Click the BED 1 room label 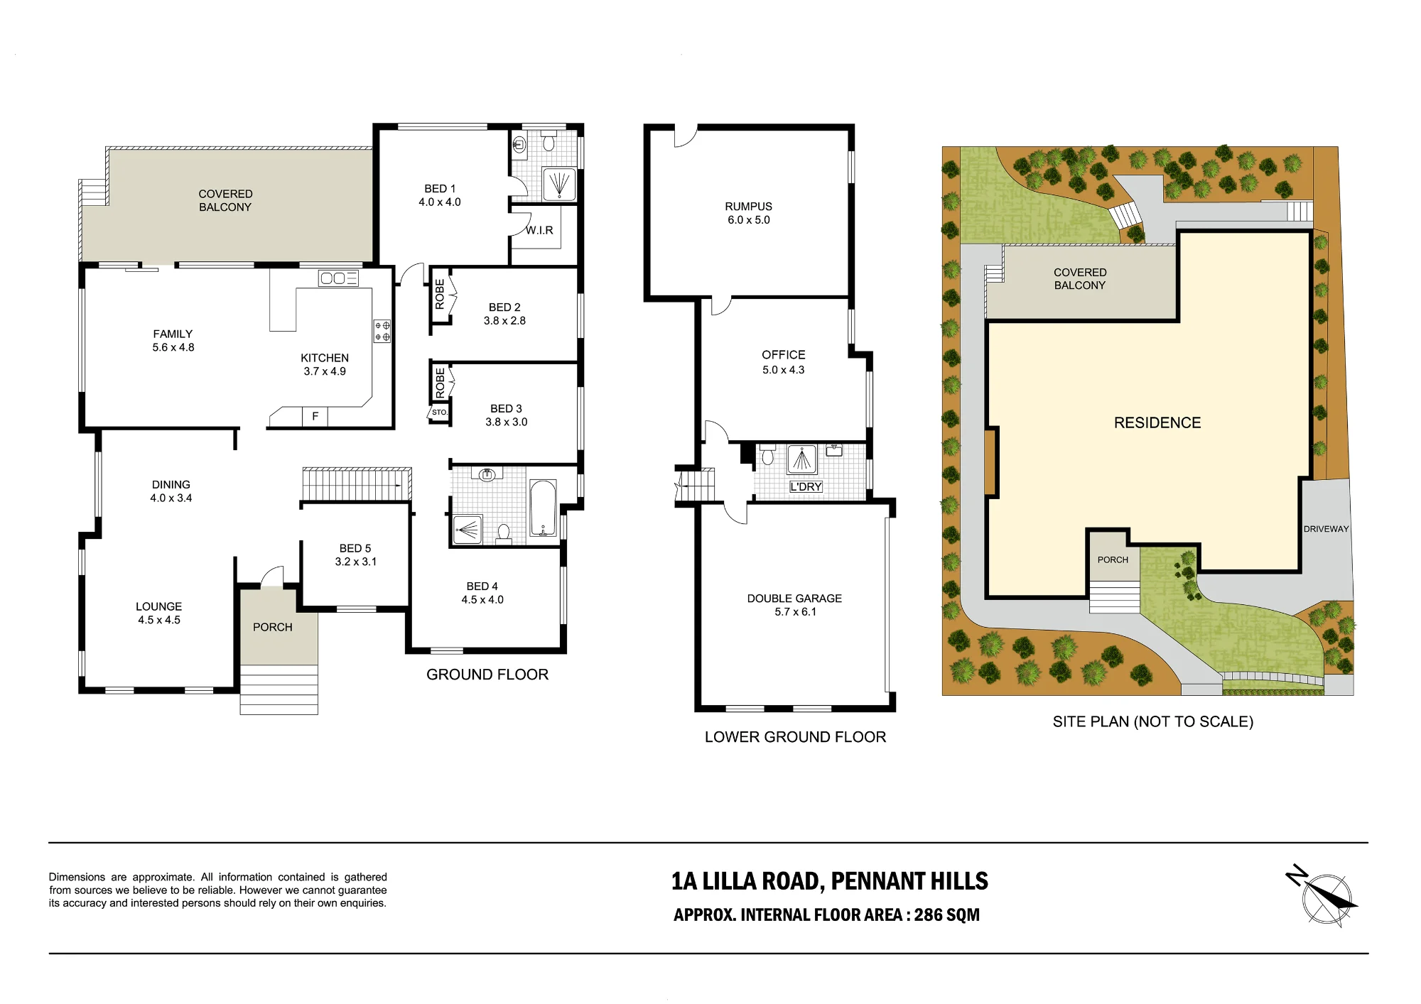point(440,189)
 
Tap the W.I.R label point(539,230)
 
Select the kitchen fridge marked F point(315,417)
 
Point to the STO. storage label point(440,413)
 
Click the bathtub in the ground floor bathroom point(543,508)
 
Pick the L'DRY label point(806,486)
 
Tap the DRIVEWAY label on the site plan point(1326,529)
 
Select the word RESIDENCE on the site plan point(1157,422)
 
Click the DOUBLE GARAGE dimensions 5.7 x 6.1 point(795,612)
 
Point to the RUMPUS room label point(748,207)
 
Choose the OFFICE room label point(784,355)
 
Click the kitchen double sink point(338,278)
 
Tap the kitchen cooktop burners point(382,331)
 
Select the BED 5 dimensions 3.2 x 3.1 point(356,562)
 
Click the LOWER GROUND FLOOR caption point(795,737)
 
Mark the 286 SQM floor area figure point(946,915)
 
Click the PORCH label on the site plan point(1113,560)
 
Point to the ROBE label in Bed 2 point(440,294)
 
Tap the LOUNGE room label point(159,606)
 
